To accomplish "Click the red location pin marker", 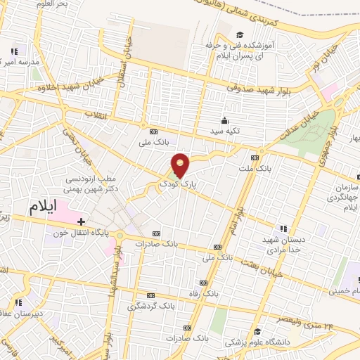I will (x=181, y=165).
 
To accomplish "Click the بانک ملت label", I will (x=254, y=169).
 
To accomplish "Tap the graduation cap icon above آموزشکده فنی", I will (x=240, y=35).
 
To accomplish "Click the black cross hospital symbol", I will (x=82, y=221).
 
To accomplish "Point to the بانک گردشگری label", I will (x=150, y=306).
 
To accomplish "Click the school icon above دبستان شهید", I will (x=283, y=229).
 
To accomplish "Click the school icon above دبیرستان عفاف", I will (x=18, y=302).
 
